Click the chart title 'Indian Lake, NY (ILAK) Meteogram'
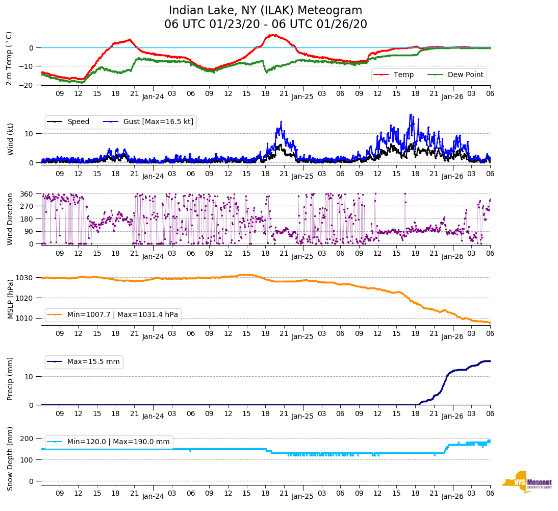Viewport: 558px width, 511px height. click(265, 11)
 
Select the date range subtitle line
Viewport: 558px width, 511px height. click(265, 25)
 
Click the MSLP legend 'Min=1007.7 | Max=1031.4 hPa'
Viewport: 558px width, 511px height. click(122, 315)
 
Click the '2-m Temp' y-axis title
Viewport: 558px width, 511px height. click(9, 58)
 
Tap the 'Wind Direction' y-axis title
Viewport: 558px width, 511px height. click(10, 219)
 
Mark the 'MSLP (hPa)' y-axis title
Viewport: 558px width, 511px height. click(10, 299)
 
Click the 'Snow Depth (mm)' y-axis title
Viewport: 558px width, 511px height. click(10, 458)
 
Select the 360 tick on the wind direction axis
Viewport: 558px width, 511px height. click(28, 194)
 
